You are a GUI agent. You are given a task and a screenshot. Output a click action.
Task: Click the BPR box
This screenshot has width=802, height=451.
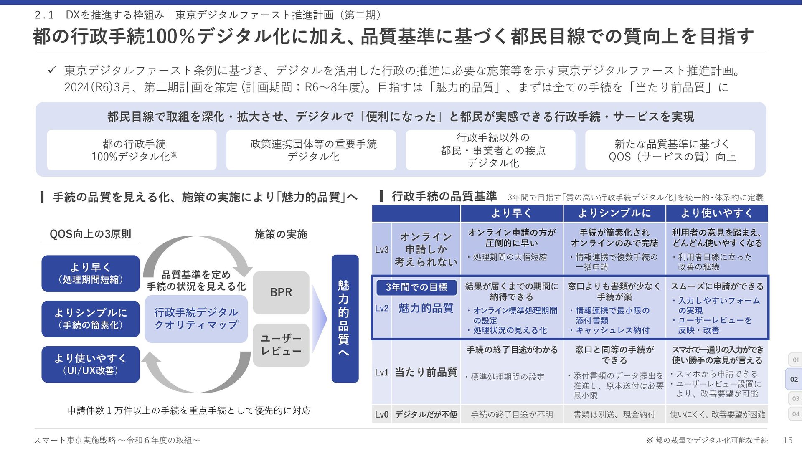pyautogui.click(x=281, y=292)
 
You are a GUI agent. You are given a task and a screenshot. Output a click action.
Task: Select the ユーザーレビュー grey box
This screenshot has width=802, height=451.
pyautogui.click(x=281, y=345)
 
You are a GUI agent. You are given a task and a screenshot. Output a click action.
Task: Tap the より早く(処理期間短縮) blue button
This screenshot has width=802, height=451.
pyautogui.click(x=90, y=273)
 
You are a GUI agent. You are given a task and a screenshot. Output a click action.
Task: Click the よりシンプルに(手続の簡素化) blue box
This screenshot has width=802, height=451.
pyautogui.click(x=90, y=319)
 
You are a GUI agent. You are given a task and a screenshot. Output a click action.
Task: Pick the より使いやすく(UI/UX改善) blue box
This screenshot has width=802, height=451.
pyautogui.click(x=90, y=364)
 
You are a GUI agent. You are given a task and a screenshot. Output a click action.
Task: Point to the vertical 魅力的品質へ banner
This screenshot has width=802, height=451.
pyautogui.click(x=345, y=318)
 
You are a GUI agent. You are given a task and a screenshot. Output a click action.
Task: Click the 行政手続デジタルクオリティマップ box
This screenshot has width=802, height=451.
pyautogui.click(x=196, y=319)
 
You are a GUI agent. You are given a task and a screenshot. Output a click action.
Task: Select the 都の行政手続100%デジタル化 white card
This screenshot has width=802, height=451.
pyautogui.click(x=132, y=150)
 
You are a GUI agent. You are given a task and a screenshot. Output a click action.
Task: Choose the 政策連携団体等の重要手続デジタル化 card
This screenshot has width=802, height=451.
pyautogui.click(x=311, y=150)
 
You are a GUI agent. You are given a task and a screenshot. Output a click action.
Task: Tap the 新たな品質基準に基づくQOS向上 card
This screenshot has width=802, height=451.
pyautogui.click(x=670, y=150)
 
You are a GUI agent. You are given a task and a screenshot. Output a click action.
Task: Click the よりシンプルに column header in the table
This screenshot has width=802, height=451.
pyautogui.click(x=614, y=213)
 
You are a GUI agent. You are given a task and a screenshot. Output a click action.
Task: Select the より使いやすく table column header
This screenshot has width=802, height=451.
pyautogui.click(x=716, y=213)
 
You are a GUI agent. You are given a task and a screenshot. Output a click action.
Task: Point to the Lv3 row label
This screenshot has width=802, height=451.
pyautogui.click(x=381, y=250)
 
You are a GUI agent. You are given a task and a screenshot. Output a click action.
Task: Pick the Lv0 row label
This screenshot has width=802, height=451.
pyautogui.click(x=381, y=414)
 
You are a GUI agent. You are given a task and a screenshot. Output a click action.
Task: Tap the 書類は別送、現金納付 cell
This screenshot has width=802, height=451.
pyautogui.click(x=614, y=414)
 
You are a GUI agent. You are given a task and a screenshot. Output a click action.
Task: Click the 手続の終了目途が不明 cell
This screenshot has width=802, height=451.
pyautogui.click(x=512, y=414)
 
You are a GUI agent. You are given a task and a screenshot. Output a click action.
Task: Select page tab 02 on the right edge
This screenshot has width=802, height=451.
pyautogui.click(x=794, y=379)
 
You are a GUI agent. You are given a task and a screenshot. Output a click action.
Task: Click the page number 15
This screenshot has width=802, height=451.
pyautogui.click(x=787, y=440)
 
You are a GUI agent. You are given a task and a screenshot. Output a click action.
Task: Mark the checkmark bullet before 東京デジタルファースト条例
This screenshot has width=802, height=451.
pyautogui.click(x=52, y=70)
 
